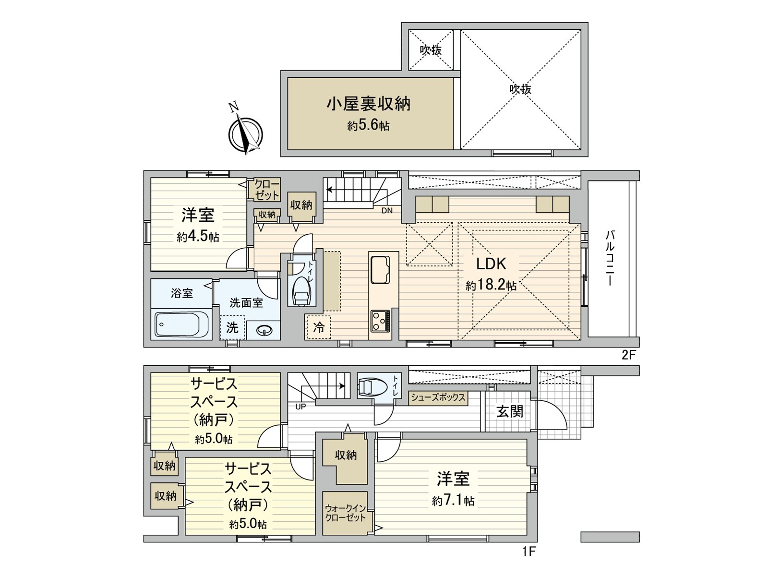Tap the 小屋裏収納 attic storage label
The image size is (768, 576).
(x=368, y=104)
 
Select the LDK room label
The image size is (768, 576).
(x=491, y=264)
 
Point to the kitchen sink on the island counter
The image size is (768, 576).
(x=380, y=270)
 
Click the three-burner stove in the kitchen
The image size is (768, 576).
(x=380, y=321)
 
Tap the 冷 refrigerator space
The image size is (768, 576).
(x=319, y=327)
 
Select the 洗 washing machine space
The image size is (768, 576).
(x=232, y=327)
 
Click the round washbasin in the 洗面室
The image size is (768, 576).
(x=264, y=331)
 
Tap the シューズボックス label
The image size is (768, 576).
(x=438, y=398)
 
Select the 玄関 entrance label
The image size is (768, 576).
(x=509, y=411)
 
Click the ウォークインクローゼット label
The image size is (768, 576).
(x=345, y=513)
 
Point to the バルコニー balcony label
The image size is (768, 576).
(x=610, y=258)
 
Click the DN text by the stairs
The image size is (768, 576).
(x=387, y=211)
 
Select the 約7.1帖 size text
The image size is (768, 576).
(x=453, y=501)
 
